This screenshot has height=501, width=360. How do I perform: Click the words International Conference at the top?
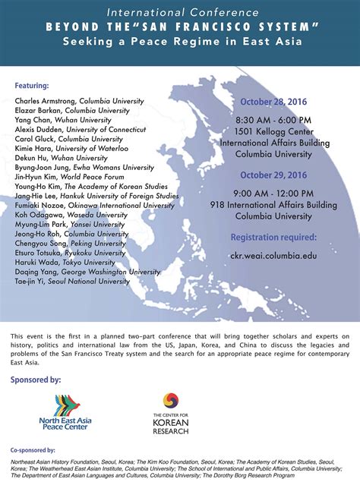click(179, 13)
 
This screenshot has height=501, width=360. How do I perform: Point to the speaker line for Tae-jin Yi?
click(72, 281)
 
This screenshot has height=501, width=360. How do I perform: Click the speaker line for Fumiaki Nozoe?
click(94, 205)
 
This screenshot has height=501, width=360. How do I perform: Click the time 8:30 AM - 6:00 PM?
click(272, 120)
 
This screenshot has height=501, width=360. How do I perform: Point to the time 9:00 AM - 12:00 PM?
click(272, 194)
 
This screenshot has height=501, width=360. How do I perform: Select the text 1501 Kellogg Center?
click(272, 131)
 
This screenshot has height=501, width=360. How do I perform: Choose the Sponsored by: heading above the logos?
click(36, 379)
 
